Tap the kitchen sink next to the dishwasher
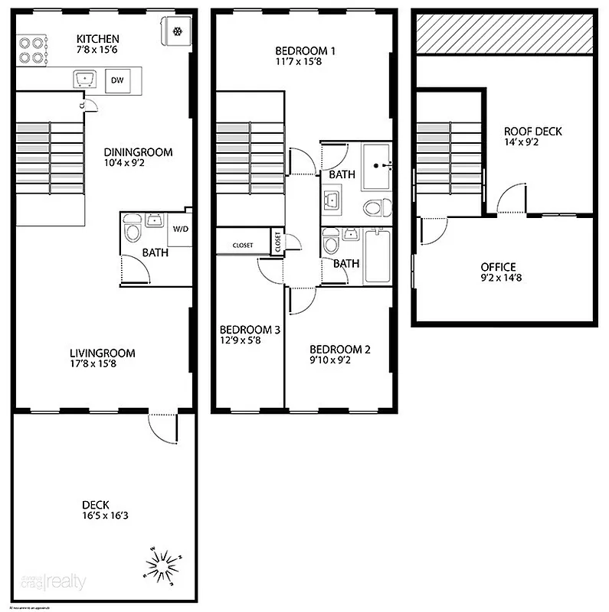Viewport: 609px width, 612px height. pos(84,78)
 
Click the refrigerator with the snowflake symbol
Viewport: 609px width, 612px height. pos(175,31)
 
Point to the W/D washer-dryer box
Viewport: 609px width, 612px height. pos(180,228)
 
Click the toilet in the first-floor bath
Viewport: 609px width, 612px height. pos(132,230)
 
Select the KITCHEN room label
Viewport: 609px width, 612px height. pos(98,39)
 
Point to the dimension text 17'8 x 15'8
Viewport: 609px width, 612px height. pos(102,364)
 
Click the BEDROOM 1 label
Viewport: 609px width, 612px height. pos(305,50)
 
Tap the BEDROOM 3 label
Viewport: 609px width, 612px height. pos(250,330)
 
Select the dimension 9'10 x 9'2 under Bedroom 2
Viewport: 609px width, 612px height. pos(330,361)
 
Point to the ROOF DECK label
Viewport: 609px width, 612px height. pos(532,131)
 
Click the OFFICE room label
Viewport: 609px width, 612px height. pos(498,266)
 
